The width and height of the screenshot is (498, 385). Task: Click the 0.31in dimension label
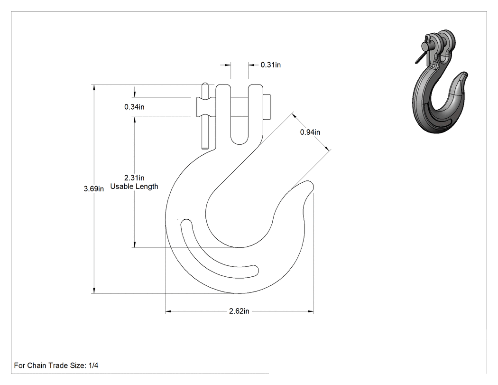pos(271,65)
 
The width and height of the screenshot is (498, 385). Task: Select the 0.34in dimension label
pos(134,107)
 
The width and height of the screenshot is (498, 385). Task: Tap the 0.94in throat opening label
pos(310,132)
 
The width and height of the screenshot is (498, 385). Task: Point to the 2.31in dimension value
pos(134,178)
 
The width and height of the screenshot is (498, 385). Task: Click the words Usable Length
pos(134,186)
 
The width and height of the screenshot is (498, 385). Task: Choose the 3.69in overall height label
pos(94,189)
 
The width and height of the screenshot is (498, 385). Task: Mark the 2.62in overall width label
pos(239,311)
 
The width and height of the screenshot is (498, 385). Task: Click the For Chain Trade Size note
pos(56,366)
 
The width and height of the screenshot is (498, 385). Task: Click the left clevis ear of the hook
pos(223,114)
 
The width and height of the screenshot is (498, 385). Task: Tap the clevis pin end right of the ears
pos(267,107)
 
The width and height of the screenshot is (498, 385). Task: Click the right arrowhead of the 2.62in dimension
pos(311,311)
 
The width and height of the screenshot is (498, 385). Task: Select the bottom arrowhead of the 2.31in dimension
pos(134,244)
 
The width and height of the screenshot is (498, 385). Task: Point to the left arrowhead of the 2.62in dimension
pos(168,311)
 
